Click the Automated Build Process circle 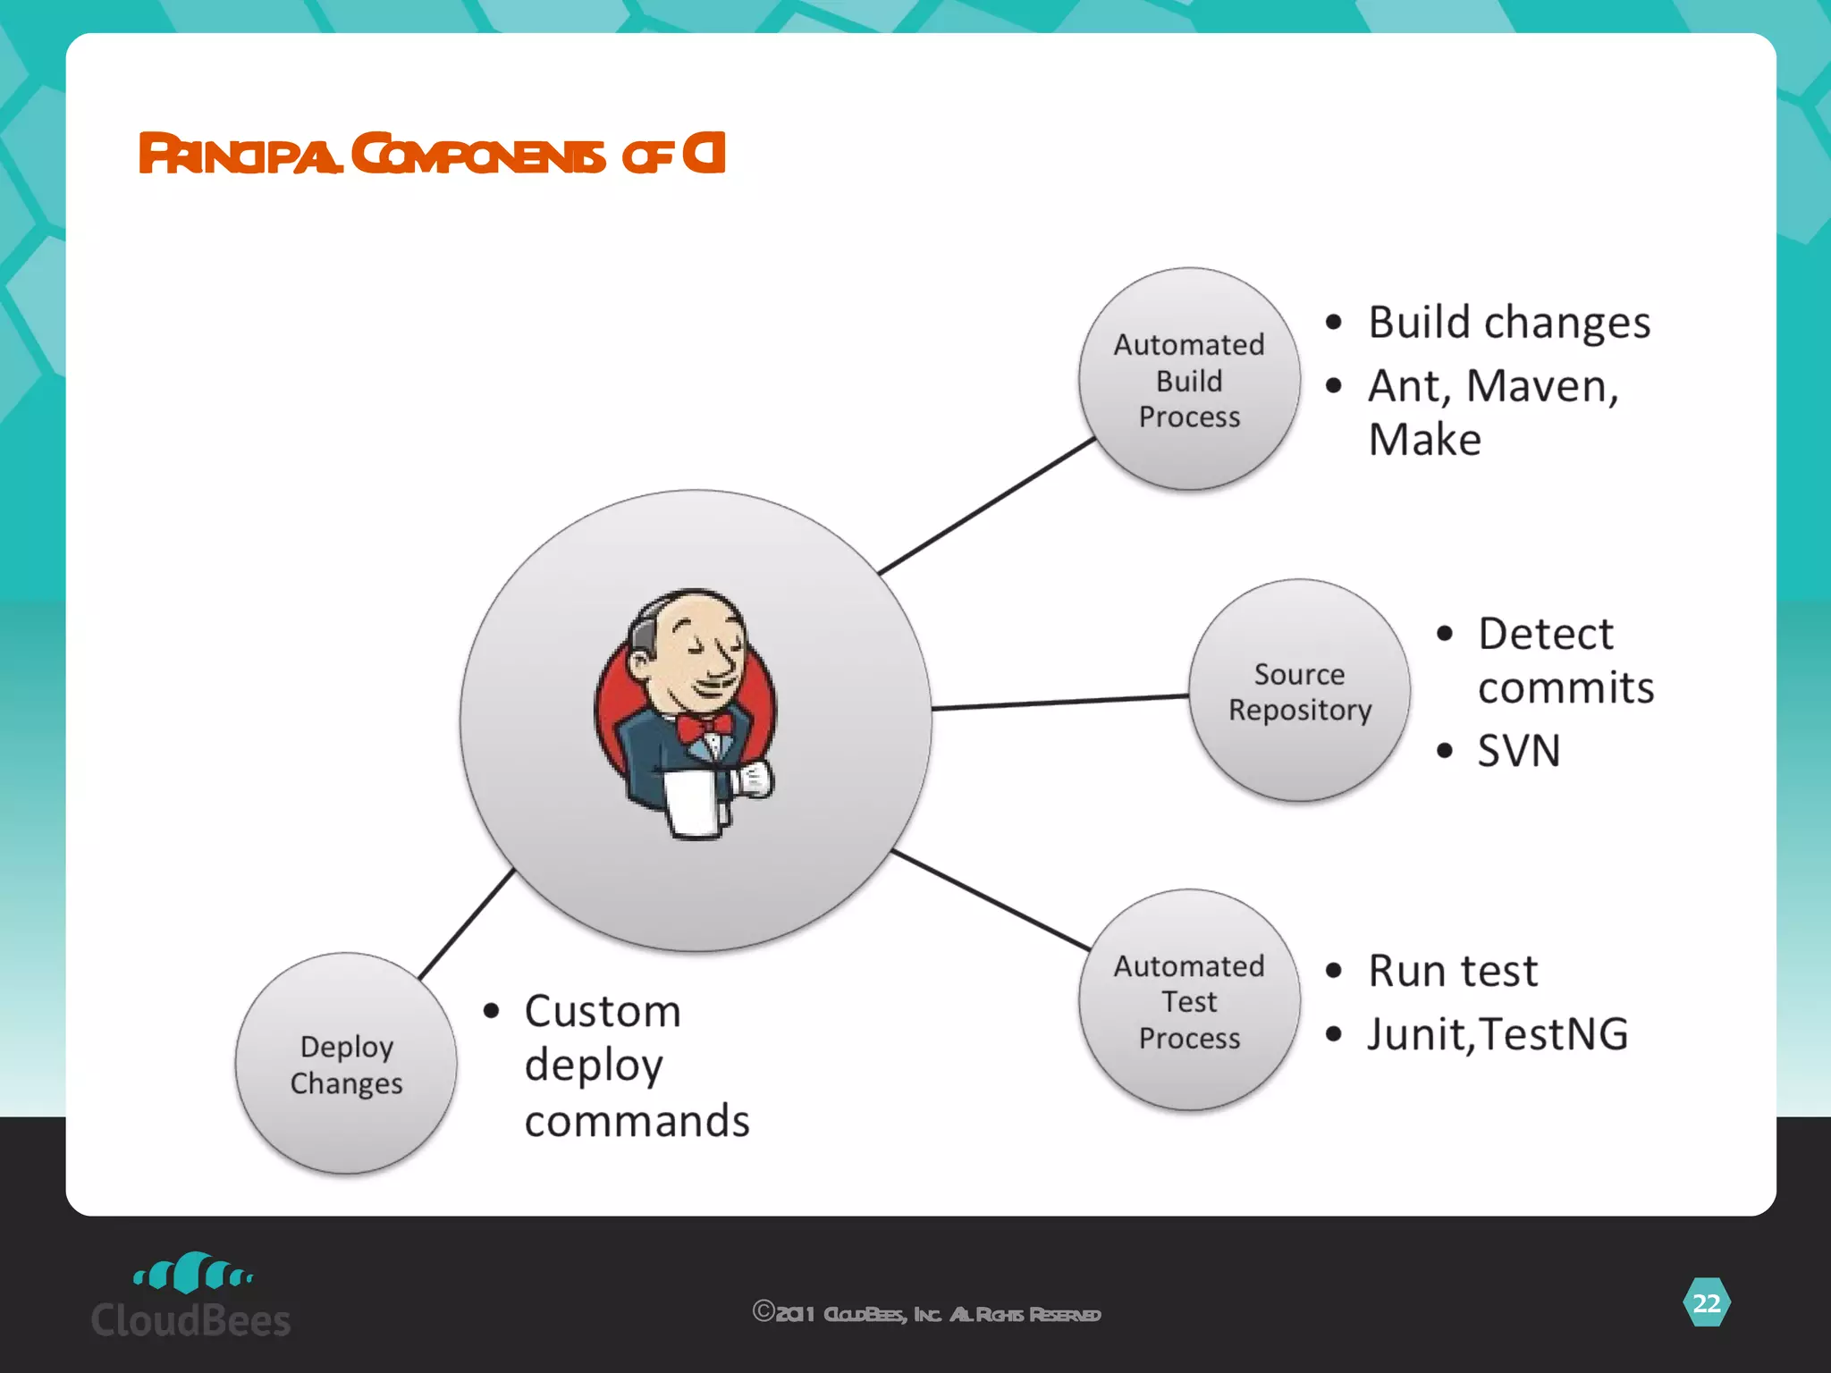coord(1189,379)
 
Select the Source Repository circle coord(1299,690)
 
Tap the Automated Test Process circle coord(1189,1000)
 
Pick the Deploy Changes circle coord(346,1063)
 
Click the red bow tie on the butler coord(703,726)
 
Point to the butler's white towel coord(692,803)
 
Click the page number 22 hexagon coord(1706,1303)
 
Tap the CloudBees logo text coord(190,1320)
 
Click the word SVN coord(1518,751)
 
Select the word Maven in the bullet coord(1542,386)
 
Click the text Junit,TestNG coord(1498,1034)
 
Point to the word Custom coord(603,1012)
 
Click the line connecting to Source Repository coord(1059,702)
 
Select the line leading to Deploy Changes coord(467,923)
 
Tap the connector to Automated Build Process coord(987,506)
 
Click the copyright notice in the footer coord(926,1313)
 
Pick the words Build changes coord(1509,322)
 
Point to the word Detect coord(1546,634)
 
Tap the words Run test coord(1453,971)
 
